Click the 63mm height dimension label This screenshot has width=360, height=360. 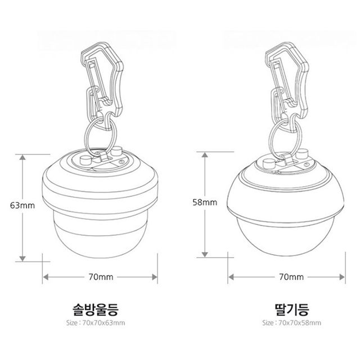[x=22, y=205]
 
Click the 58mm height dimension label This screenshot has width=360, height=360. [x=205, y=202]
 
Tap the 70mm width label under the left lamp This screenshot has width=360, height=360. [x=101, y=277]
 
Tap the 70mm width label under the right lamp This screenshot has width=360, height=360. [x=291, y=277]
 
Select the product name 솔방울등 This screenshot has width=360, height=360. [x=95, y=310]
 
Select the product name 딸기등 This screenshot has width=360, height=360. [x=292, y=310]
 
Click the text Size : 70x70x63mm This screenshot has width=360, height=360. [x=96, y=323]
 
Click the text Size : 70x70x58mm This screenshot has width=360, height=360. [x=292, y=323]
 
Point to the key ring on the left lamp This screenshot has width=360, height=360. [x=85, y=136]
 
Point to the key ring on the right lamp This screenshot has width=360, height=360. [x=269, y=138]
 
